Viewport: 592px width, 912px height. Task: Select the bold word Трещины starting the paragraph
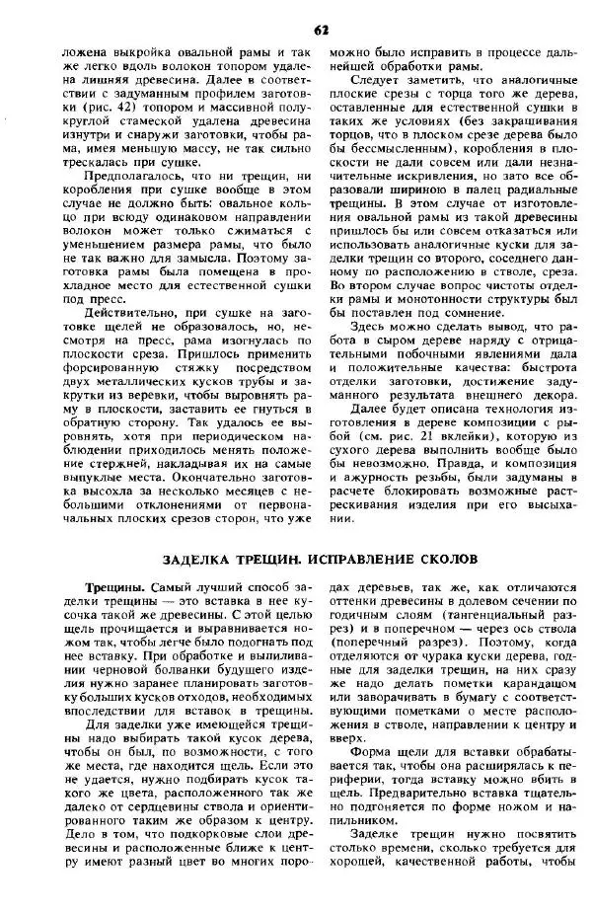[x=113, y=586]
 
